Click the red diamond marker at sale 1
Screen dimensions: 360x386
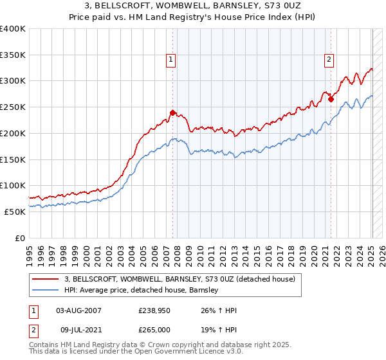[172, 113]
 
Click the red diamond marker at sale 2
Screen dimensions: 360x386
[331, 99]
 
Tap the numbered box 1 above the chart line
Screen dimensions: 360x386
[171, 60]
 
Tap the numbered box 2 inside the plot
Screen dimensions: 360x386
[329, 60]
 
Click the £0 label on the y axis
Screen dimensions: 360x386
[19, 238]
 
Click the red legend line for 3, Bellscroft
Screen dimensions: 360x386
[46, 279]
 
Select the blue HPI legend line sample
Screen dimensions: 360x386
[46, 290]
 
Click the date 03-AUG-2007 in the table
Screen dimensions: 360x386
[78, 310]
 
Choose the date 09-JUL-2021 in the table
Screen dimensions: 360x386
[78, 329]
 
